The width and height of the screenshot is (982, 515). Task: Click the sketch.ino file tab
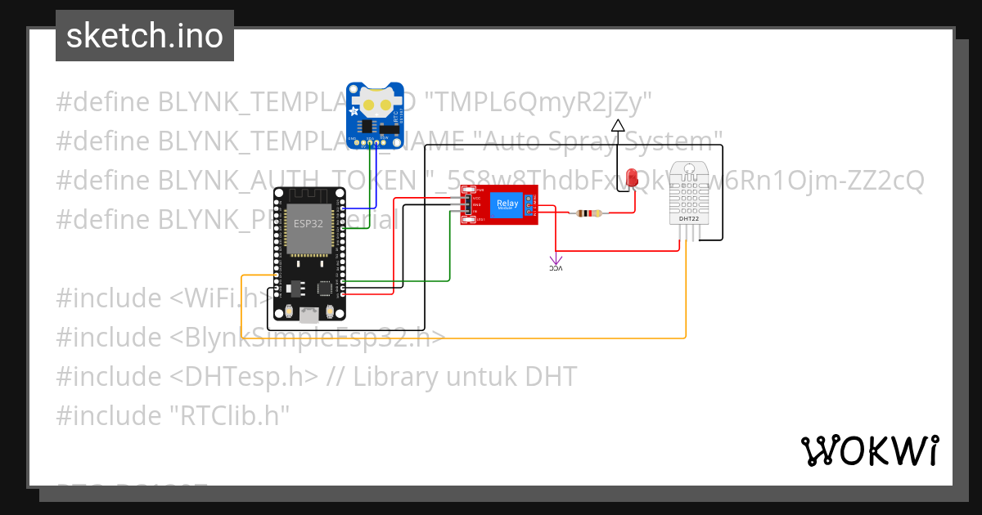[x=145, y=36]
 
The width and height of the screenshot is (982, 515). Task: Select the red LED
[x=631, y=177]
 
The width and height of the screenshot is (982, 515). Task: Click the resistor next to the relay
[x=589, y=213]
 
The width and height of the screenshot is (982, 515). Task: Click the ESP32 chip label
[x=309, y=222]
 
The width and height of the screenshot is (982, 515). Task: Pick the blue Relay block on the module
[x=507, y=204]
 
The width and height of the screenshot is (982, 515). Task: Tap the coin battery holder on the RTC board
[x=376, y=105]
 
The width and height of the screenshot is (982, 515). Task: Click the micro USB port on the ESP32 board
[x=309, y=314]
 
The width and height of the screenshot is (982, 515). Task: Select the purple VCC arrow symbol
[x=556, y=262]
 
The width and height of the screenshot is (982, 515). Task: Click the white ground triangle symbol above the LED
[x=618, y=125]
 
